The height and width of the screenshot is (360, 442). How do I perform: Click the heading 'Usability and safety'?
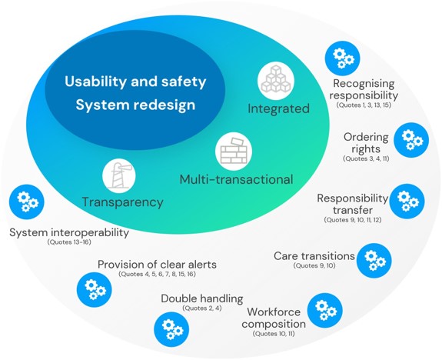tap(135, 82)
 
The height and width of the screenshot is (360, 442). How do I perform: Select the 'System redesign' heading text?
tap(135, 105)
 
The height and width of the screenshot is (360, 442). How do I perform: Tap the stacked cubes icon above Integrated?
tap(276, 81)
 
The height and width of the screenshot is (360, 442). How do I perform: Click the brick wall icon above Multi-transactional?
tap(234, 151)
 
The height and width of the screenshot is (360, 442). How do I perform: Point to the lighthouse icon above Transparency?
tap(119, 175)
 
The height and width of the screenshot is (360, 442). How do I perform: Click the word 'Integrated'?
tap(278, 108)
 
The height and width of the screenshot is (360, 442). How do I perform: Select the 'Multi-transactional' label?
tap(236, 179)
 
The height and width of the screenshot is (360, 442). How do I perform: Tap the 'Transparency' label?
tap(123, 202)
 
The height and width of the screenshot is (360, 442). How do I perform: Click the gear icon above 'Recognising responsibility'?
tap(342, 58)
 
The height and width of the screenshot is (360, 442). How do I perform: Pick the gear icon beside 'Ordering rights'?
tap(411, 140)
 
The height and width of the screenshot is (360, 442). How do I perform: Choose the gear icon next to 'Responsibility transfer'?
tap(407, 202)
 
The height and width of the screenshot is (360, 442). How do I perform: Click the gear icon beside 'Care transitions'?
tap(374, 261)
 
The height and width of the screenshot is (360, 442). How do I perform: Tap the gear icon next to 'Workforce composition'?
tap(324, 310)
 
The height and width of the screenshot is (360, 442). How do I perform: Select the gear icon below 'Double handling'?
tap(171, 329)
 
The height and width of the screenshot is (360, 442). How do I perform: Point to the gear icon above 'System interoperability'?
tap(26, 202)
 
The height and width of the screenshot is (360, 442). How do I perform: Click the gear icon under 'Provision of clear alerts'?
tap(94, 289)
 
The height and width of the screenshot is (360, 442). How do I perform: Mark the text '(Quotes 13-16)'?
tap(69, 242)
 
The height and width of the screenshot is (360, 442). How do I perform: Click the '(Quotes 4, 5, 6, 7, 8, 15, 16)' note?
tap(157, 274)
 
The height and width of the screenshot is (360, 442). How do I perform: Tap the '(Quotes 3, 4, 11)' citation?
tap(366, 158)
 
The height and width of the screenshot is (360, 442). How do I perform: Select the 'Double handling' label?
tap(202, 298)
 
